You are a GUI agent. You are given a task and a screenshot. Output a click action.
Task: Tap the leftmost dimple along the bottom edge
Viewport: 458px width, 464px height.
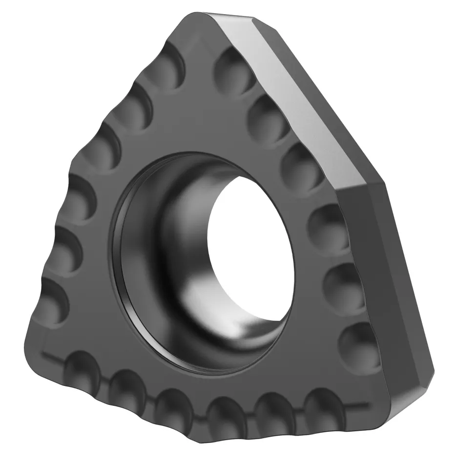pos(83,369)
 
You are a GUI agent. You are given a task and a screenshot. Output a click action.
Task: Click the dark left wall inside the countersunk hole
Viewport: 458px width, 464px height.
pos(146,254)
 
